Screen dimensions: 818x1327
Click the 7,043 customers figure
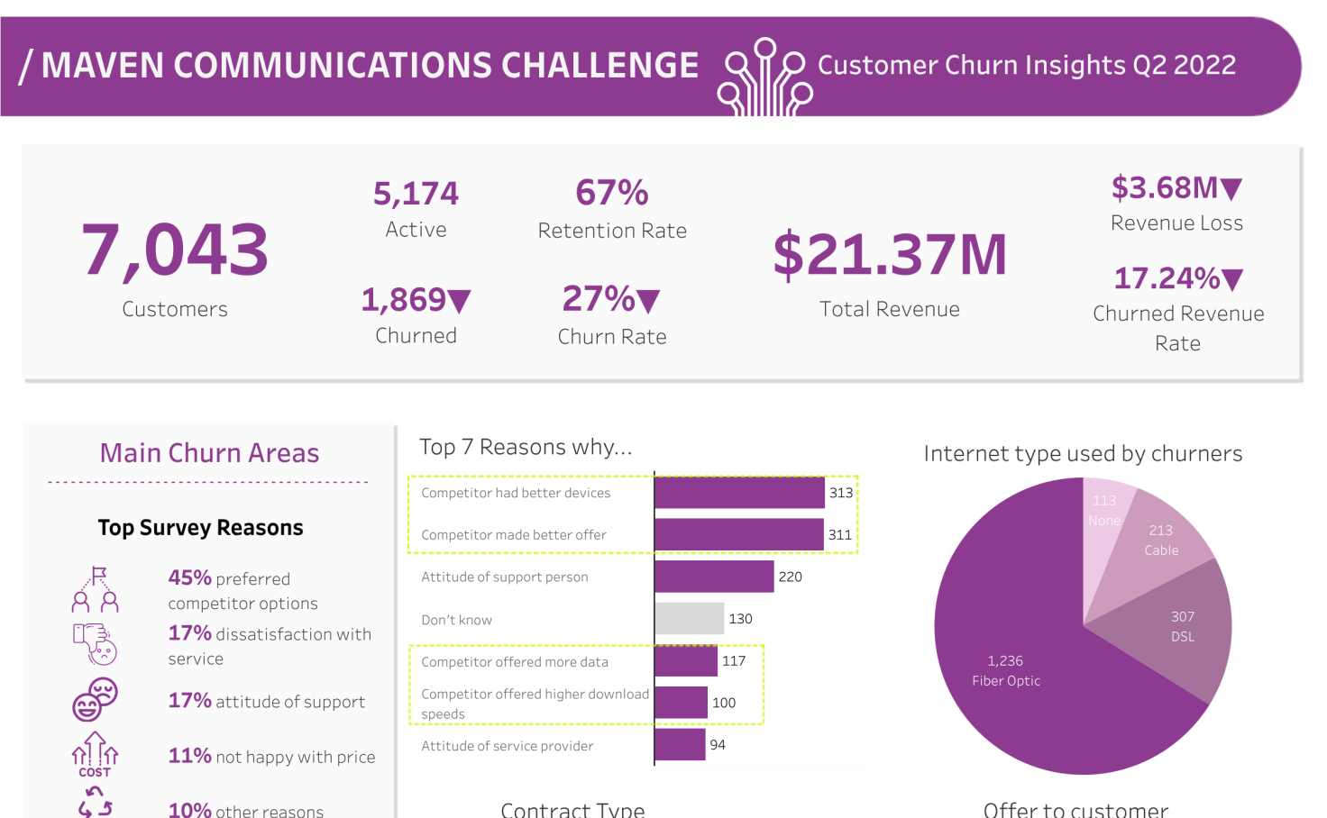(x=175, y=250)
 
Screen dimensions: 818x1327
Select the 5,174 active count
(x=416, y=194)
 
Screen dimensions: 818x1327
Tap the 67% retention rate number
(x=612, y=193)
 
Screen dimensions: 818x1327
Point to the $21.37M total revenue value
(x=890, y=255)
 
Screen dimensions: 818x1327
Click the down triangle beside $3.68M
(x=1231, y=189)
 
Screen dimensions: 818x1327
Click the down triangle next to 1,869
(x=459, y=301)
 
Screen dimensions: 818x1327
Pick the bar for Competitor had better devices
(x=739, y=493)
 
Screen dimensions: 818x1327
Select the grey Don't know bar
(x=690, y=619)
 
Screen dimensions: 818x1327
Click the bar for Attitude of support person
(x=714, y=577)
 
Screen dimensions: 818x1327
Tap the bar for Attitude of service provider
(x=680, y=745)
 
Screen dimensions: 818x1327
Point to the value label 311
(x=840, y=535)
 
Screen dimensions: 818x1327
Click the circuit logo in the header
(x=765, y=77)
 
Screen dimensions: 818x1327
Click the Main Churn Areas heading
(x=209, y=453)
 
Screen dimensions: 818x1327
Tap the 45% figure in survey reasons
(x=189, y=577)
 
